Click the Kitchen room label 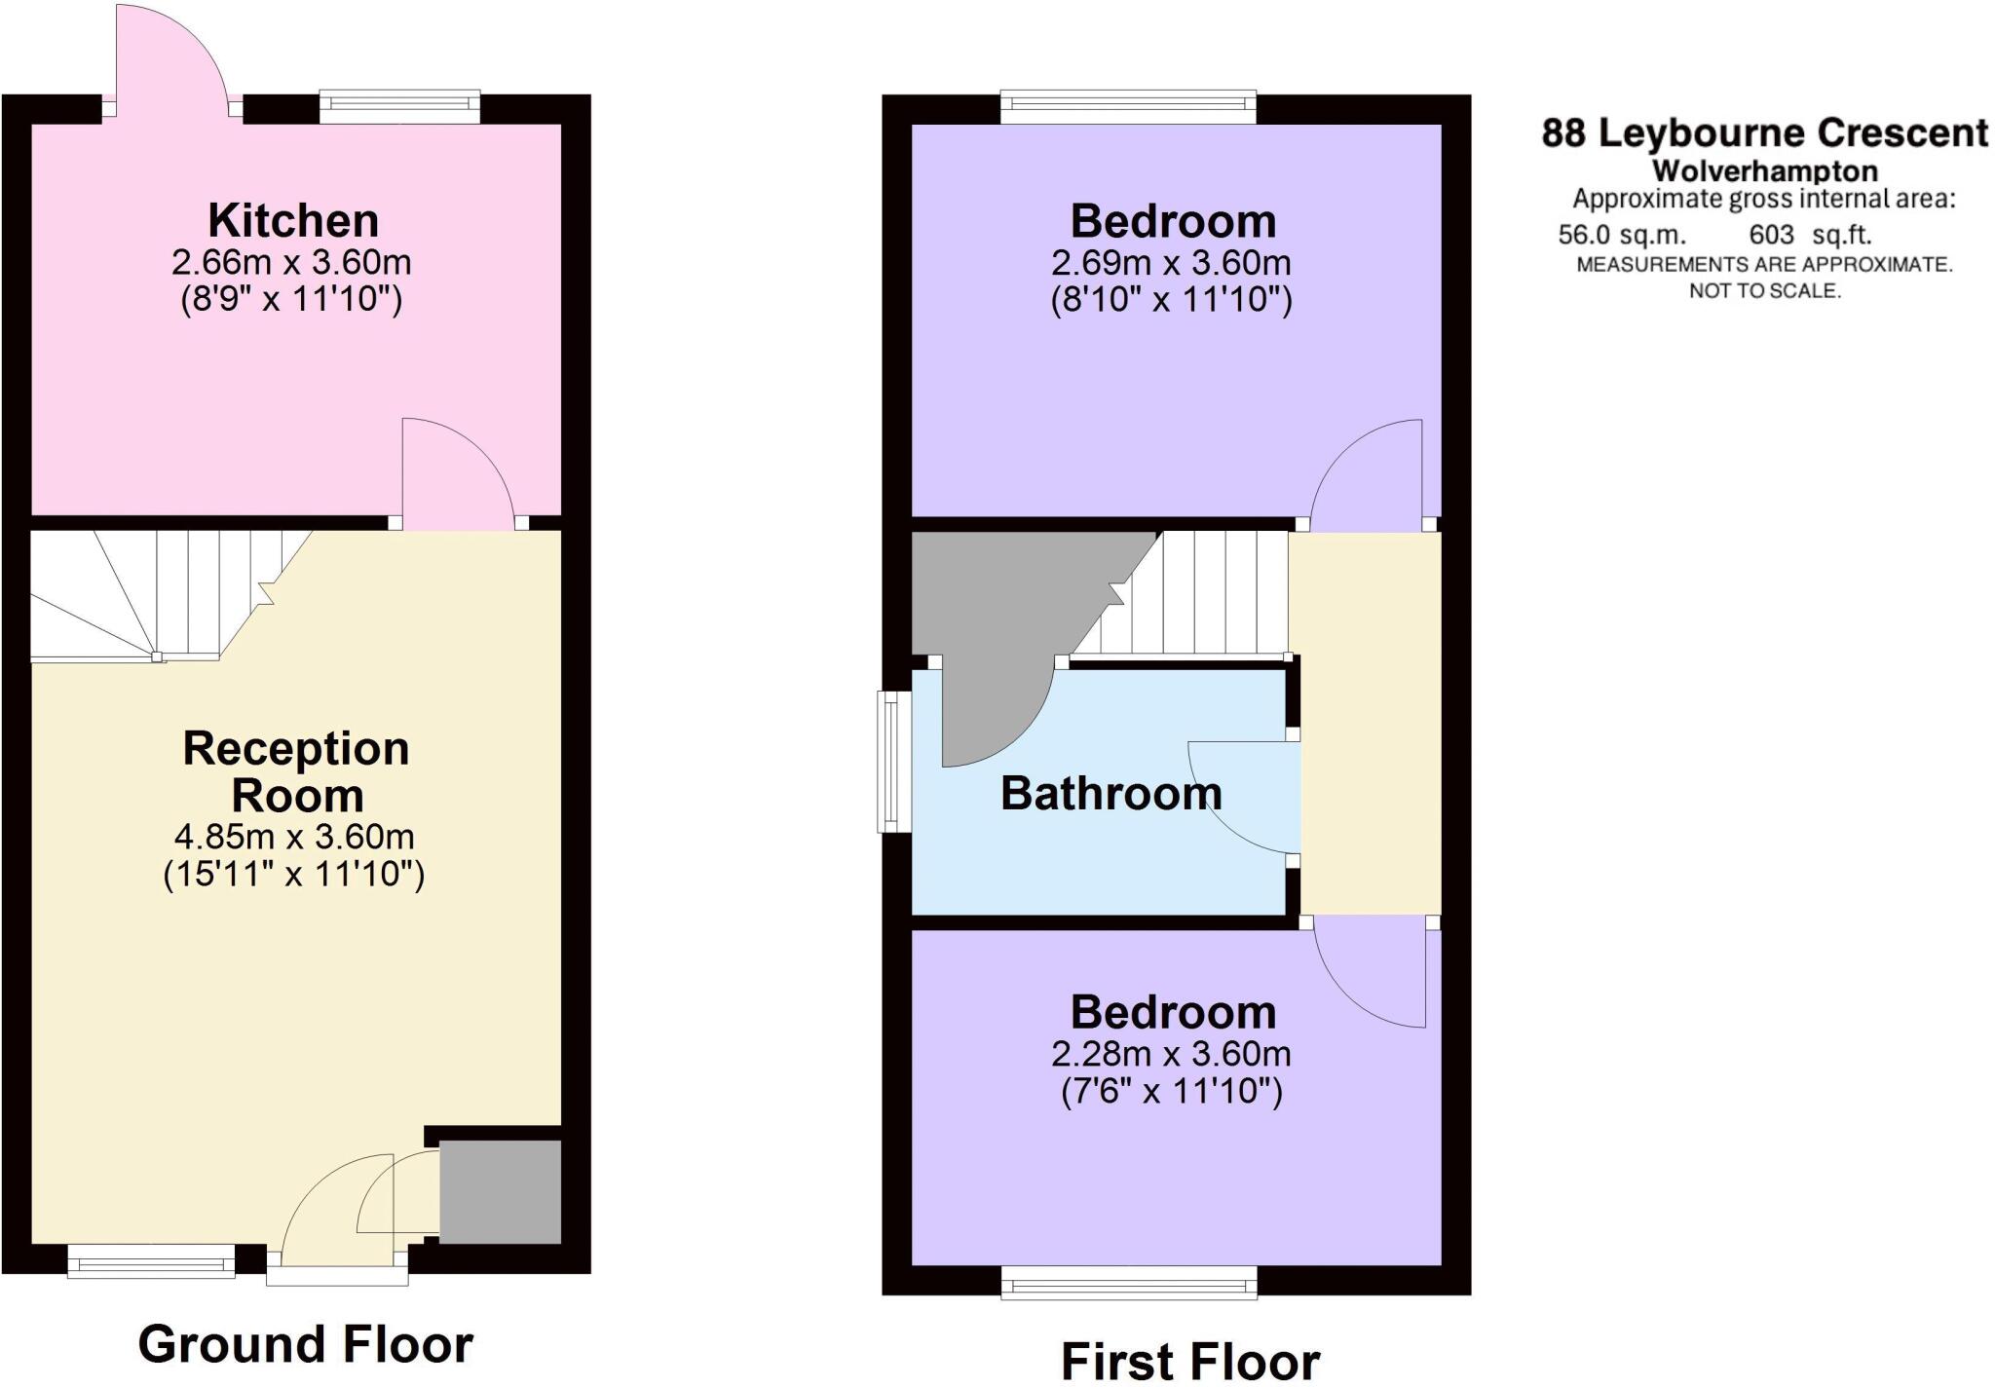click(292, 221)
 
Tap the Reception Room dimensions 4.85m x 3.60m click(293, 837)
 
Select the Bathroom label click(1110, 794)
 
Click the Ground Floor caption click(305, 1344)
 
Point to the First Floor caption click(1189, 1361)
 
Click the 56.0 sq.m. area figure click(1621, 235)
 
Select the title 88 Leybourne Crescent click(1764, 132)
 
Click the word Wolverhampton click(1764, 171)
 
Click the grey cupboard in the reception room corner click(500, 1192)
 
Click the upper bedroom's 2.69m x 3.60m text click(1171, 263)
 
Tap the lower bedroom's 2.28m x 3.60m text click(1171, 1054)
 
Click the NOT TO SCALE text click(1764, 290)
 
